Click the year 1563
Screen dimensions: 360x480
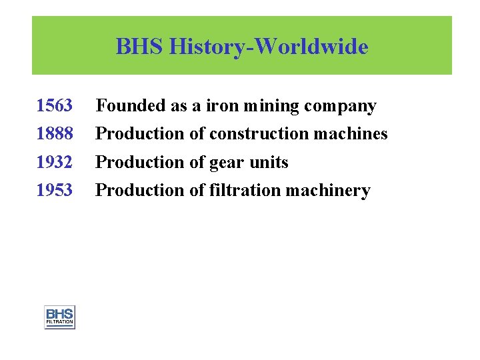click(x=54, y=106)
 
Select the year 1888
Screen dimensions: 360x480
click(x=54, y=134)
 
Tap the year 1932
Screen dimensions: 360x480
click(x=54, y=162)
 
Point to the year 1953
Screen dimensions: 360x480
click(x=54, y=190)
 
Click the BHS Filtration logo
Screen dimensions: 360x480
click(x=59, y=317)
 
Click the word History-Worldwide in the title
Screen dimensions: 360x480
click(x=269, y=47)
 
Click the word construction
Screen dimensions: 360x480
click(x=259, y=134)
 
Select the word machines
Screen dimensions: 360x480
click(x=351, y=134)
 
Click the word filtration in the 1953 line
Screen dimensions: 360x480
click(x=245, y=190)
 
